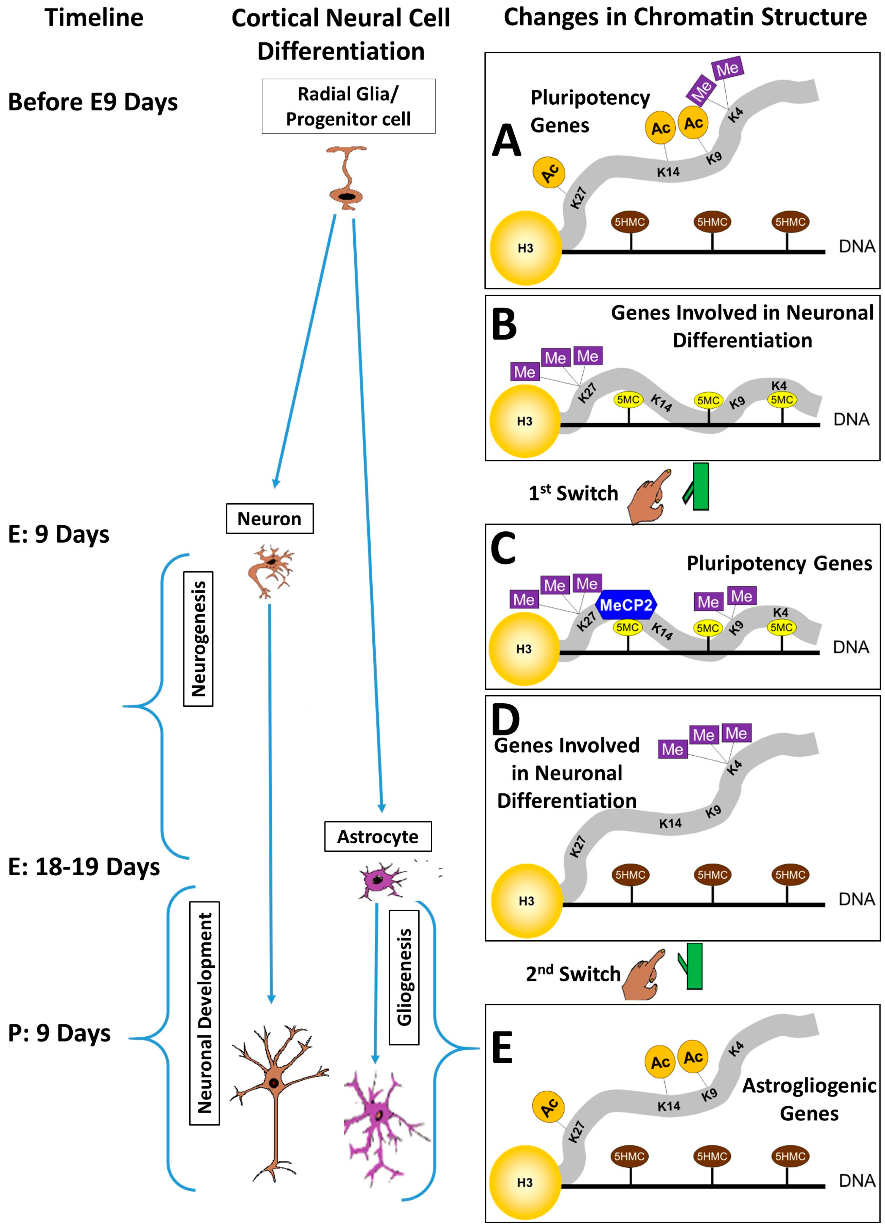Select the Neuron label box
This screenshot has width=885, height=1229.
(269, 519)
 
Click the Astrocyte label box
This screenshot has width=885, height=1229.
(378, 836)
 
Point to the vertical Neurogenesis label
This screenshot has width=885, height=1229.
(198, 638)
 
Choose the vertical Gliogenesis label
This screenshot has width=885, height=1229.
(404, 977)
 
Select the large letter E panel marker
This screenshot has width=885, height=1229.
(502, 1048)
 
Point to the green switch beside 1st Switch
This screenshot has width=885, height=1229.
(699, 486)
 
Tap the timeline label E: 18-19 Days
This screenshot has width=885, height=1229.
(84, 866)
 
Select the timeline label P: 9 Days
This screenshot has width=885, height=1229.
(59, 1033)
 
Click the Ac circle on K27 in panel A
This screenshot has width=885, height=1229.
(549, 172)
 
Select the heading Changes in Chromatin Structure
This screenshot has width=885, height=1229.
(685, 17)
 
